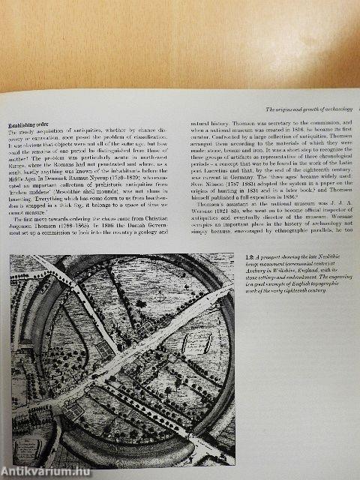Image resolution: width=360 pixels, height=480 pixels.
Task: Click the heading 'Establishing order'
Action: coord(28,125)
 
